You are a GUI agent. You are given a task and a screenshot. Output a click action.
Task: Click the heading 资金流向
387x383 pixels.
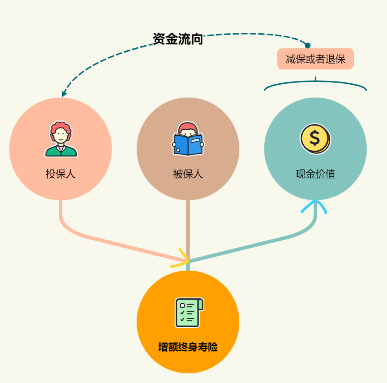point(178,39)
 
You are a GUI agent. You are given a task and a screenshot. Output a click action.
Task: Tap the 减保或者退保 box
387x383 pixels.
point(315,59)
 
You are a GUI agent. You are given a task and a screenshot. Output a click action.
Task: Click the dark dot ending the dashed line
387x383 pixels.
point(307,45)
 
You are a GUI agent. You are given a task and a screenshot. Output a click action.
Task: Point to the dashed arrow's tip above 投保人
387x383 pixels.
point(63,95)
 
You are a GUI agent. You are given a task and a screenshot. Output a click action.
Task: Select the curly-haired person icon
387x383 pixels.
point(61,139)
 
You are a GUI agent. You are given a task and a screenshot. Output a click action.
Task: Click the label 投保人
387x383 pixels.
point(61,174)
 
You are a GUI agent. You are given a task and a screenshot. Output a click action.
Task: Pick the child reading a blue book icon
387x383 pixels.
point(188,139)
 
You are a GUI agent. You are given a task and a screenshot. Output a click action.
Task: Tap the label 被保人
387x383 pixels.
point(188,174)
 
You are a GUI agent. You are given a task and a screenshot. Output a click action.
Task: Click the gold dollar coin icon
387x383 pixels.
point(315,139)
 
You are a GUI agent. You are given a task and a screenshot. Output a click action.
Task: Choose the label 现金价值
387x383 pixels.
point(315,174)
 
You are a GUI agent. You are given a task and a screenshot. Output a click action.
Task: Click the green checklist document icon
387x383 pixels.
point(189,312)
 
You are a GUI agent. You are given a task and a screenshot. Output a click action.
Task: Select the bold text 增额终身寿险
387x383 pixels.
point(188,347)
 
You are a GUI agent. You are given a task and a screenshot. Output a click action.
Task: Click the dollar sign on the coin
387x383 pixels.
point(314,138)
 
